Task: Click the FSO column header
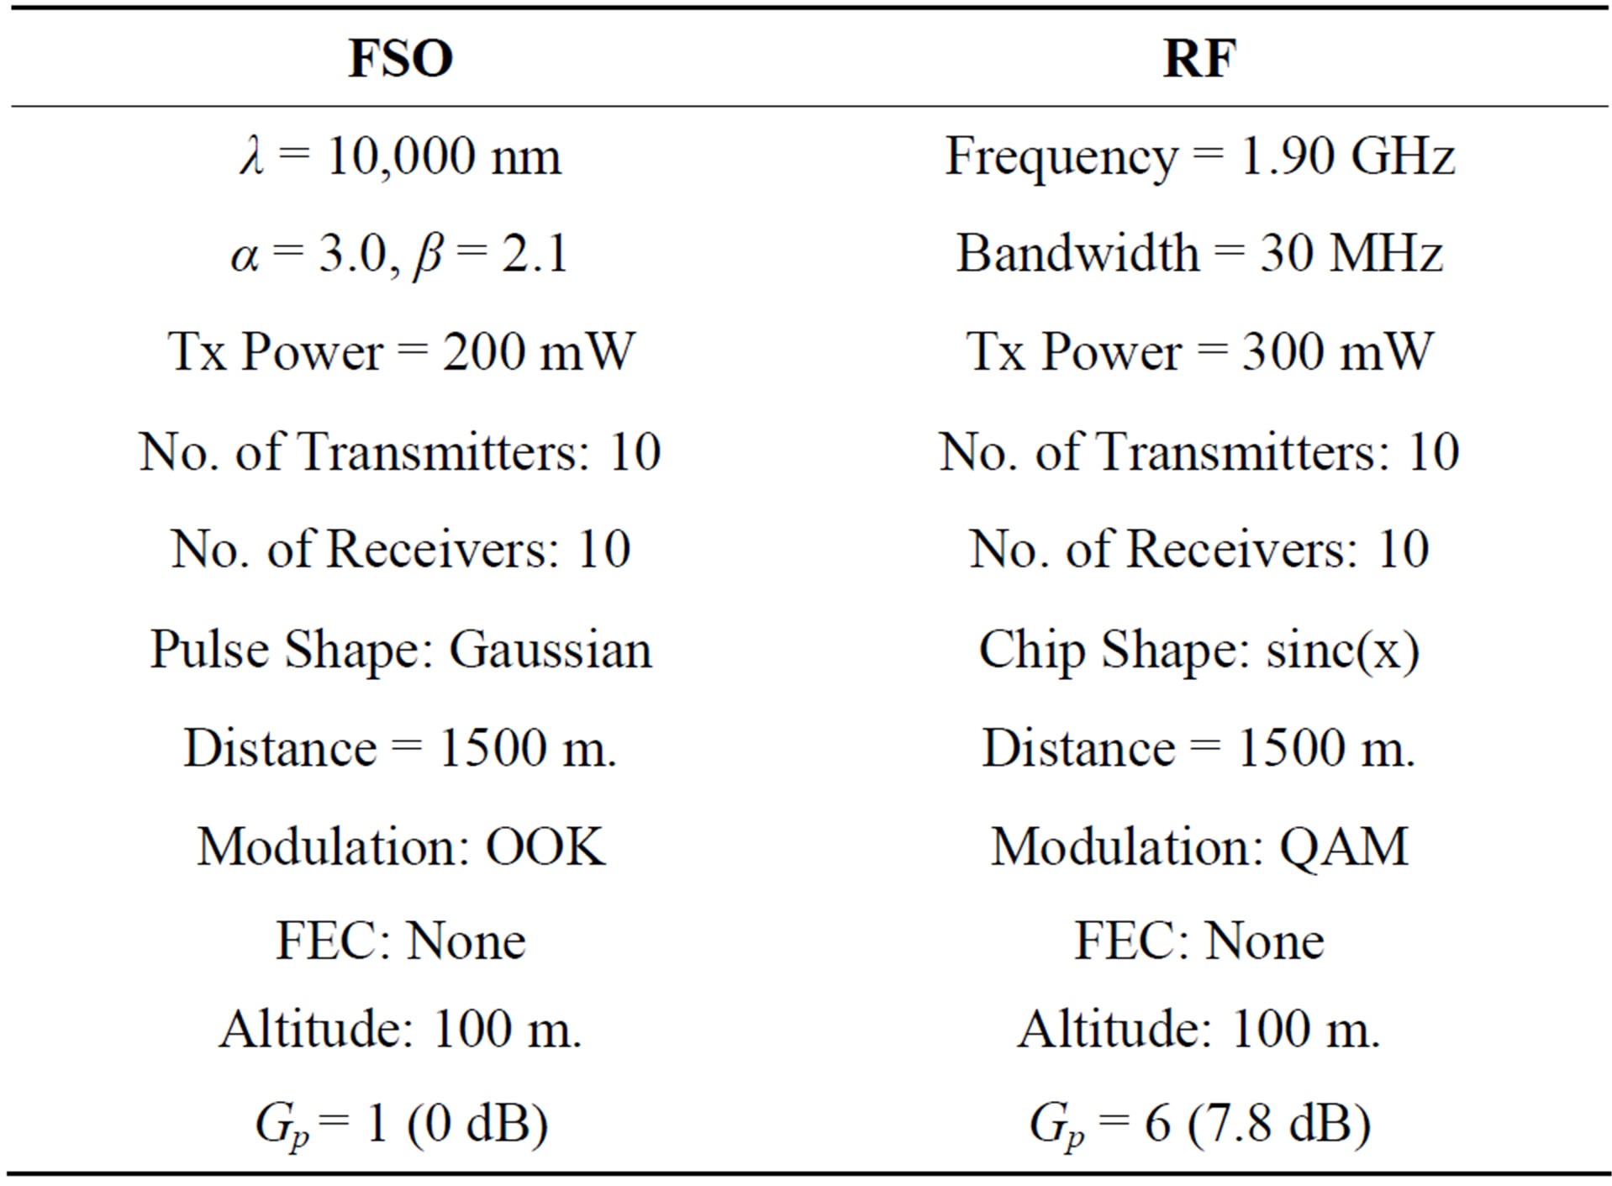[x=401, y=58]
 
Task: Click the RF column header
[x=1199, y=58]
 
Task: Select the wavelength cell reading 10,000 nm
[x=401, y=156]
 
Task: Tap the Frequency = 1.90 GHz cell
[x=1199, y=156]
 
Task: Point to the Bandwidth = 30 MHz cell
[x=1199, y=253]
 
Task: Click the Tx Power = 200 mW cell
[x=401, y=351]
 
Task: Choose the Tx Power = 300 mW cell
[x=1199, y=351]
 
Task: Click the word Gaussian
[x=551, y=650]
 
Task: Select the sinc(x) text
[x=1342, y=650]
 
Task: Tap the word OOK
[x=545, y=846]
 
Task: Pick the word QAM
[x=1343, y=846]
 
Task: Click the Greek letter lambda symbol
[x=251, y=156]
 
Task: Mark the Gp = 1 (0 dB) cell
[x=401, y=1124]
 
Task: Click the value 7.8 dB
[x=1277, y=1124]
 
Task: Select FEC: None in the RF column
[x=1199, y=941]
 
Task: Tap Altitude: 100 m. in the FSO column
[x=401, y=1029]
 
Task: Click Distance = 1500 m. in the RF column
[x=1199, y=748]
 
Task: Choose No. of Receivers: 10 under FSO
[x=401, y=550]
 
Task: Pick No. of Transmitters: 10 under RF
[x=1199, y=452]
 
